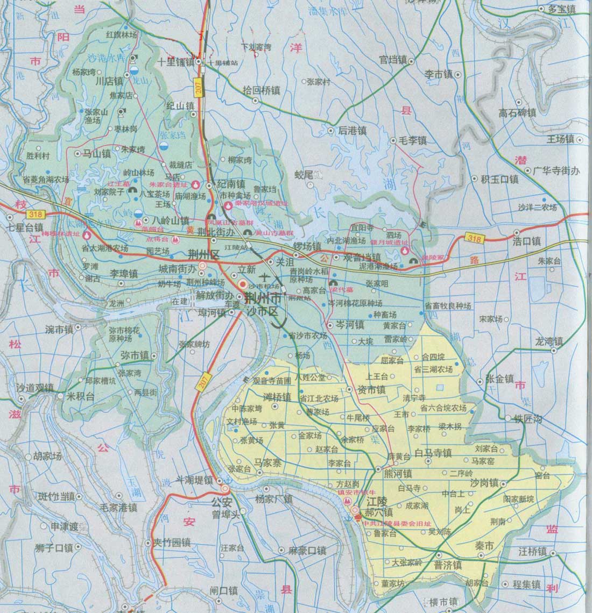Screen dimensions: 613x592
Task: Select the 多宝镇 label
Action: coord(561,9)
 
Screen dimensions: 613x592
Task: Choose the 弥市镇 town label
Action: coord(135,355)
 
